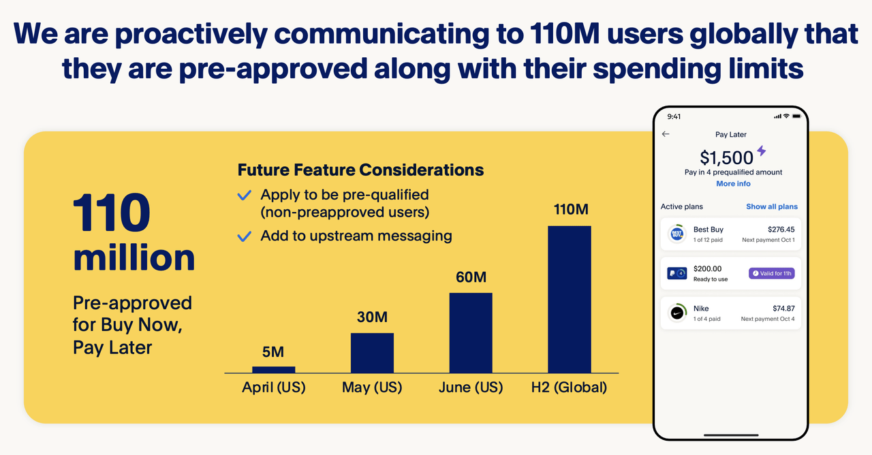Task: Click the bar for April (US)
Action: click(x=274, y=369)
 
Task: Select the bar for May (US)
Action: click(x=372, y=353)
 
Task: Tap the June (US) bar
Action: click(x=470, y=333)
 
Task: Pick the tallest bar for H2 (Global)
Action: click(x=570, y=300)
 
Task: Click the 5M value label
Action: click(x=272, y=352)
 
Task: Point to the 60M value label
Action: click(x=470, y=278)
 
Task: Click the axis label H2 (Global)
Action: click(x=569, y=388)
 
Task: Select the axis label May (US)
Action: click(x=371, y=388)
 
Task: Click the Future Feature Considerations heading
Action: click(x=360, y=170)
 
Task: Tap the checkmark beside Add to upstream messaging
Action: click(x=244, y=237)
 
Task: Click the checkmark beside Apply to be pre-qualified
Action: click(x=244, y=195)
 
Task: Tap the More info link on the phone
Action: click(x=733, y=184)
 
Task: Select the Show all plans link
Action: click(x=771, y=206)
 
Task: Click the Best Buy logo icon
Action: click(x=677, y=234)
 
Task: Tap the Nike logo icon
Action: click(x=677, y=313)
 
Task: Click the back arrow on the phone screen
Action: click(x=666, y=134)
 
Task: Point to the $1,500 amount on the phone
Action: click(x=726, y=158)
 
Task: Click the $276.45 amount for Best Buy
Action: click(x=781, y=230)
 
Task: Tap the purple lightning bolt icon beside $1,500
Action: click(x=762, y=151)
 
